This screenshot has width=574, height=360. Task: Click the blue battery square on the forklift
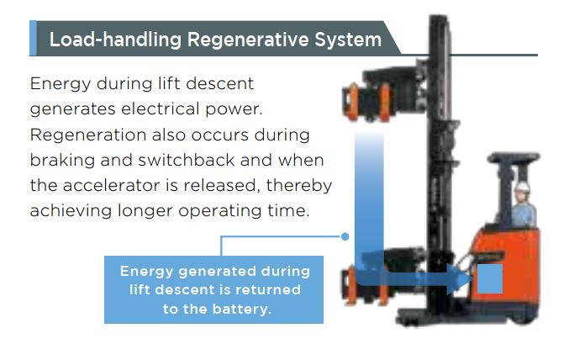coord(489,278)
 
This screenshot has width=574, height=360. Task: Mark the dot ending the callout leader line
coord(345,236)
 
